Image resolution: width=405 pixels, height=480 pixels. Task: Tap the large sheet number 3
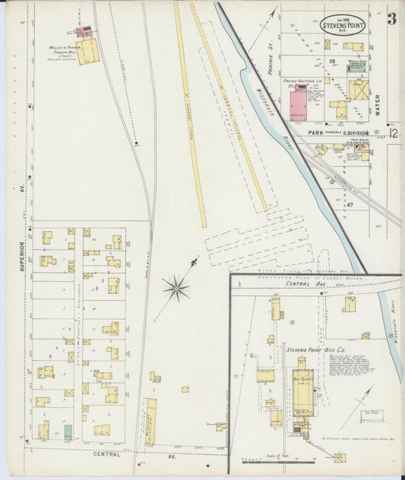391,19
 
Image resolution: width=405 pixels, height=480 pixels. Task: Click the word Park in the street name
316,132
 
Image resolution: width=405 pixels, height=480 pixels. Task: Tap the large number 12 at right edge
393,134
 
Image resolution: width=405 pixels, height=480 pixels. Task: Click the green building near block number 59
356,68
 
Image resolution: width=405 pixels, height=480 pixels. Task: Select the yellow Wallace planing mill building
87,52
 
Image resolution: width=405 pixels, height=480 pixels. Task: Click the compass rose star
176,287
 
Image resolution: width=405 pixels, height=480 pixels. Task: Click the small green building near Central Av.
68,432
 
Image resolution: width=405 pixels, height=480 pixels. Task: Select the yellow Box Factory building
301,387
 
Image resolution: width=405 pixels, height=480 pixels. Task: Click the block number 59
332,61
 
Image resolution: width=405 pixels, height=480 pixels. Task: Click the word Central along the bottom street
106,454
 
